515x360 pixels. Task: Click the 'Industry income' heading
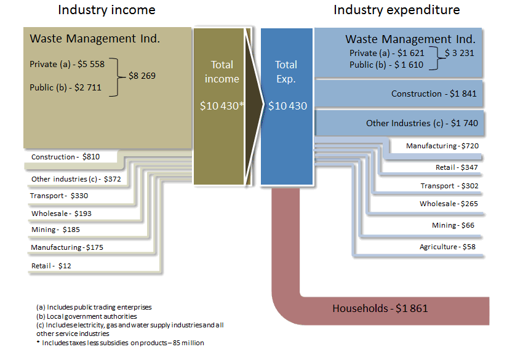(106, 10)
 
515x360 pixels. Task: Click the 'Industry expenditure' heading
(396, 10)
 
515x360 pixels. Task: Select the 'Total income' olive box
(222, 105)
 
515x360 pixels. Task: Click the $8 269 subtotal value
(142, 76)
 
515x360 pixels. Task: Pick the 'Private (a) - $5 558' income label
(67, 64)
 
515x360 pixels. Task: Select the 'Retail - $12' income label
(51, 266)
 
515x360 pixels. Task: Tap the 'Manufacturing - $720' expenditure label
(442, 146)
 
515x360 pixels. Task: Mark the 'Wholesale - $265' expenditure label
(449, 204)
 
